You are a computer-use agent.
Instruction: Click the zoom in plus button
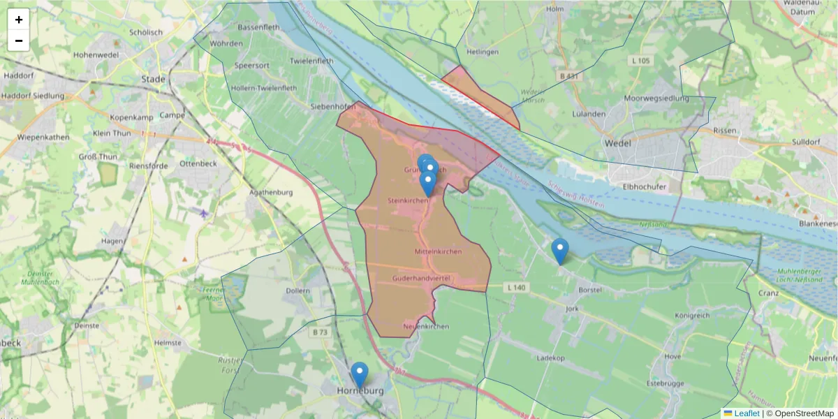[x=19, y=20]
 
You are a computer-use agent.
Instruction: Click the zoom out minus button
[x=19, y=41]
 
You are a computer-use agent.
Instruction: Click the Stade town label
[x=154, y=79]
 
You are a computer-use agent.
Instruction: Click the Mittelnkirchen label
[x=438, y=251]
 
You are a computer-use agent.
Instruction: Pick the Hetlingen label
[x=484, y=52]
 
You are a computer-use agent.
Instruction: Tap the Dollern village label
[x=297, y=291]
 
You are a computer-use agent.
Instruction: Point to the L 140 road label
[x=516, y=287]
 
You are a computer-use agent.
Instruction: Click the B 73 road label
[x=320, y=332]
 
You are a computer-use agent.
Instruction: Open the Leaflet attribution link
[x=746, y=413]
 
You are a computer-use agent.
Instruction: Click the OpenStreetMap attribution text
[x=800, y=413]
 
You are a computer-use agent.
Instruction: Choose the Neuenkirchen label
[x=426, y=327]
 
